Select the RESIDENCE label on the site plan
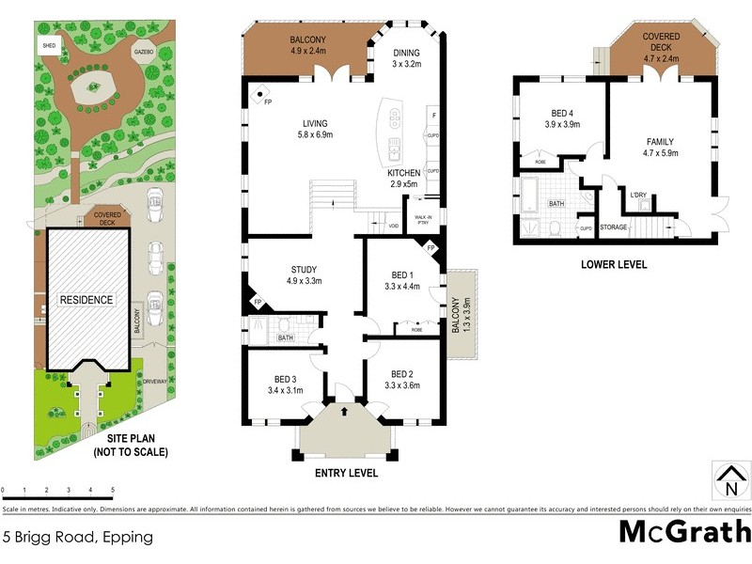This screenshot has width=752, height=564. (x=87, y=300)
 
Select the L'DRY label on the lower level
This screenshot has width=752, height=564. (x=639, y=195)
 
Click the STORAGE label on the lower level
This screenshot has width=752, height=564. (x=613, y=227)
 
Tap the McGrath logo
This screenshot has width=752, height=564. (x=683, y=531)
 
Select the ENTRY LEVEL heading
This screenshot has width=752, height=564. (x=346, y=474)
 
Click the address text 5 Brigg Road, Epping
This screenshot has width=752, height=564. (x=78, y=539)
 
